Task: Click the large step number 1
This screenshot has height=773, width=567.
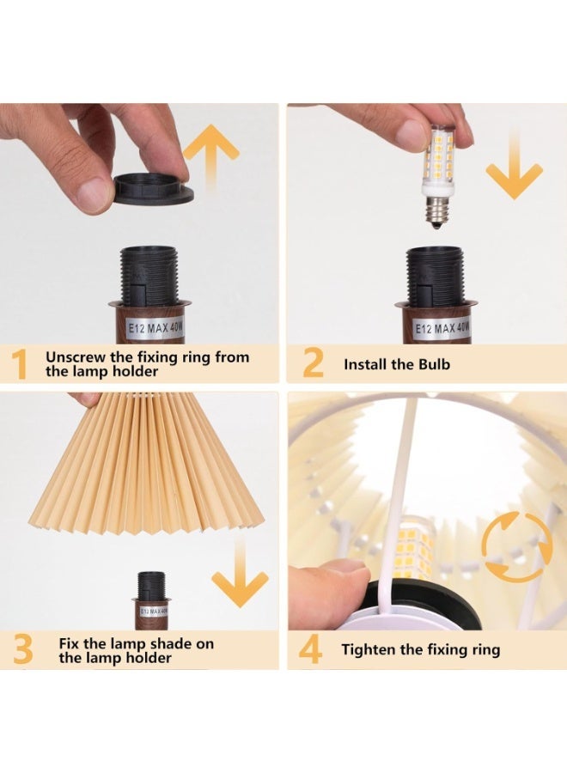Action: coord(19,364)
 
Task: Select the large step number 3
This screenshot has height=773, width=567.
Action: coord(22,650)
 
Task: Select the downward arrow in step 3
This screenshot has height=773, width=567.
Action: coord(240,571)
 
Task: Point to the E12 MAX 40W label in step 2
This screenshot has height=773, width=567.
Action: coord(442,328)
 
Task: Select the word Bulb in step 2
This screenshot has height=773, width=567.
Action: coord(435,364)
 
